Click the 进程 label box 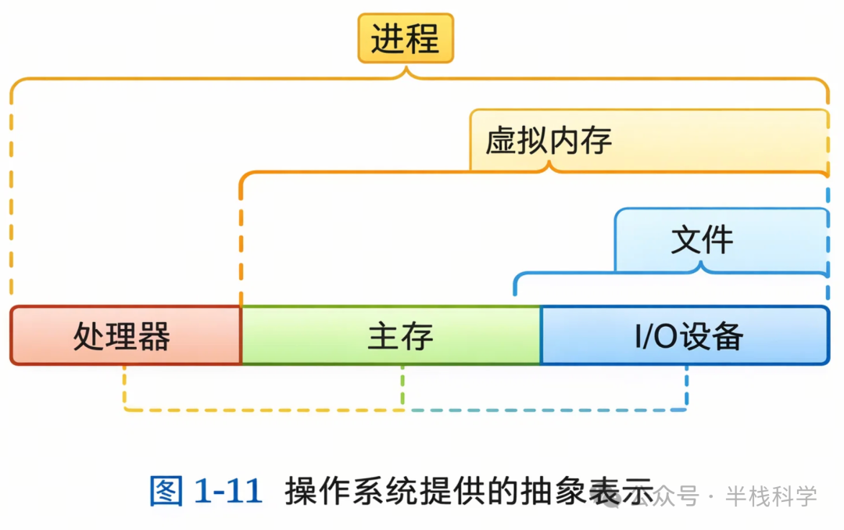[406, 38]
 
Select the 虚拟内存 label [548, 141]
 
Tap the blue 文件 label [702, 239]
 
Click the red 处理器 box [126, 336]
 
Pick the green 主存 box [391, 336]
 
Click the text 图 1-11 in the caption [206, 492]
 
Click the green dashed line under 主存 [402, 386]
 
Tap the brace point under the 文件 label [702, 268]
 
